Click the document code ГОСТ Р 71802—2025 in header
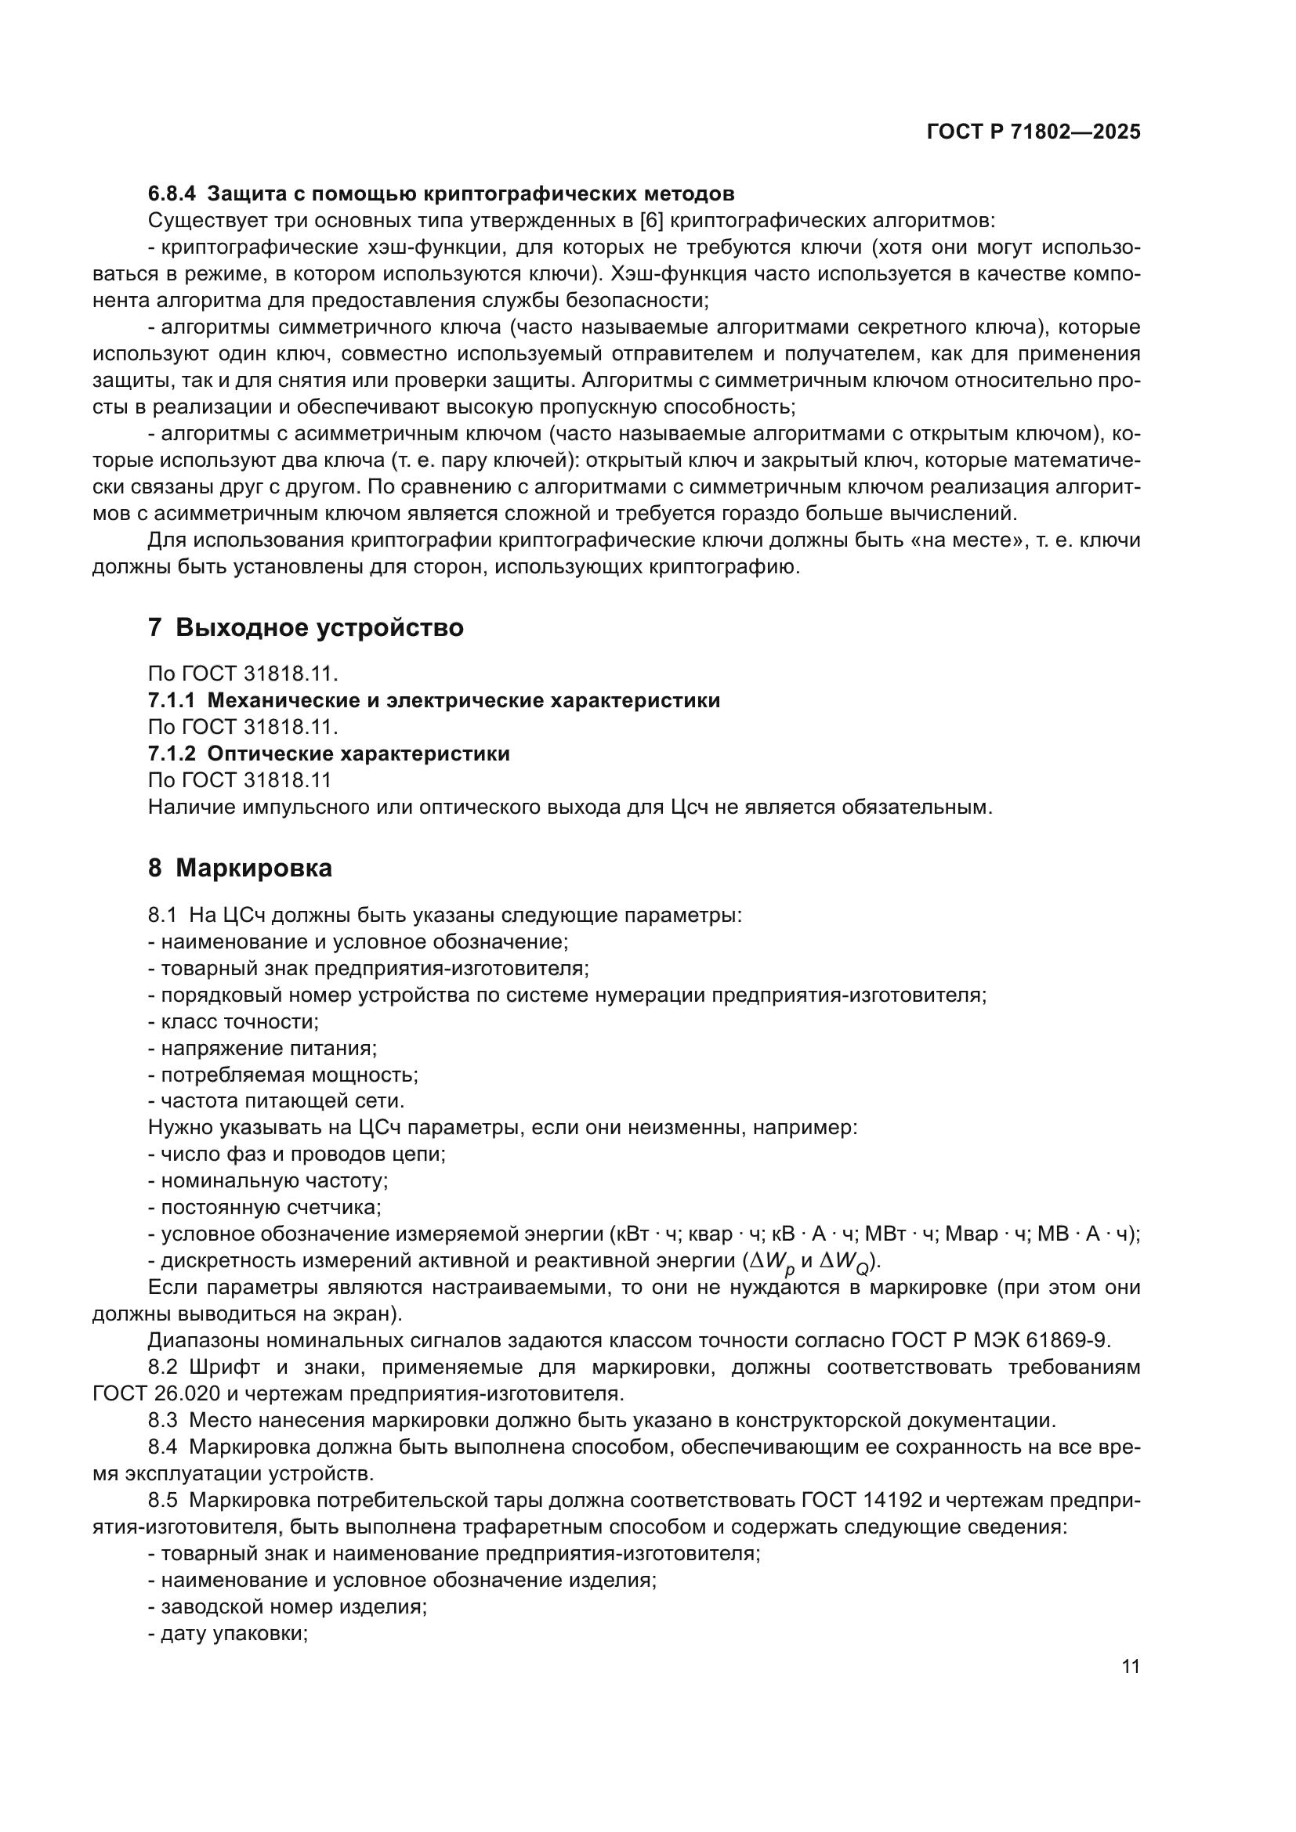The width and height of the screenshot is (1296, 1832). point(1034,132)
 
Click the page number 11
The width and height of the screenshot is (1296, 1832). point(1130,1665)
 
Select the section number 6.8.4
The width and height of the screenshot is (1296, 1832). point(172,194)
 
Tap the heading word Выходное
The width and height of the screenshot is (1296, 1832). point(242,628)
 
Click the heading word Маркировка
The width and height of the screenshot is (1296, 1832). point(254,868)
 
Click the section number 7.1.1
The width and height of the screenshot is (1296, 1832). point(172,700)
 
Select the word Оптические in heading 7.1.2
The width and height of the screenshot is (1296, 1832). point(270,754)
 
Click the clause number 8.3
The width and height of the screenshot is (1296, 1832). point(162,1420)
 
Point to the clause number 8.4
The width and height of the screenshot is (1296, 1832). point(162,1447)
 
